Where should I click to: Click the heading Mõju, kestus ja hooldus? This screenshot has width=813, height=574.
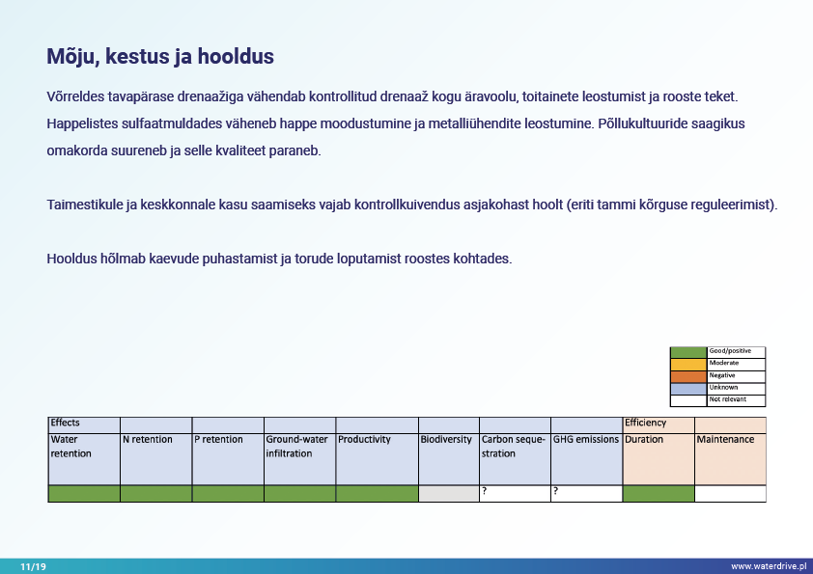(x=160, y=57)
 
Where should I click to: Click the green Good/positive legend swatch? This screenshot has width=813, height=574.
(x=688, y=351)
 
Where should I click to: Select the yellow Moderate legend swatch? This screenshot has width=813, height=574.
(x=688, y=363)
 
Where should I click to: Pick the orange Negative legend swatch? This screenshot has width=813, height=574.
(x=688, y=375)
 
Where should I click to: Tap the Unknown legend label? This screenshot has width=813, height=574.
(x=723, y=387)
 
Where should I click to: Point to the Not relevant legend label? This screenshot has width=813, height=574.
(x=727, y=399)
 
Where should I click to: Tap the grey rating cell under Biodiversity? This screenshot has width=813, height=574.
(x=448, y=493)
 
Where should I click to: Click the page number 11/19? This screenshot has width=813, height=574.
(x=33, y=566)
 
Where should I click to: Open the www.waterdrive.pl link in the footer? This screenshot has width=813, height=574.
(x=768, y=566)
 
